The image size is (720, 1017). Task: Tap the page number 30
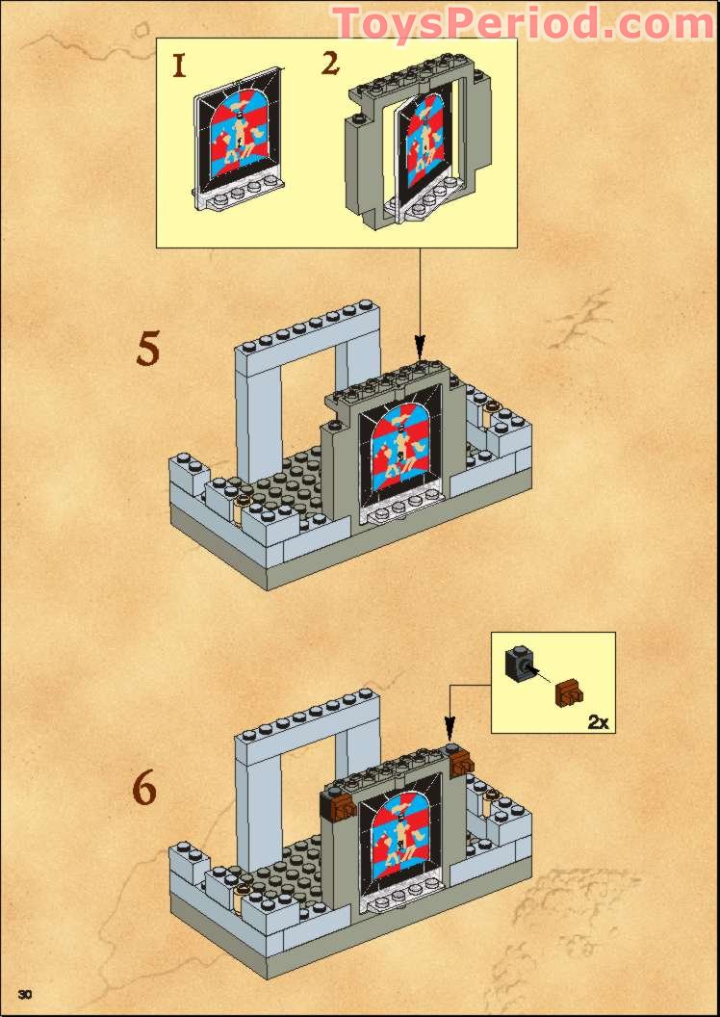coord(26,993)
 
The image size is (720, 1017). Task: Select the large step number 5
coord(147,349)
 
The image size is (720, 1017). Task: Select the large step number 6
coord(143,789)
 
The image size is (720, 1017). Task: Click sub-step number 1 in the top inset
coord(178,66)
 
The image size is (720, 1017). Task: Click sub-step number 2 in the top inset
coord(330,65)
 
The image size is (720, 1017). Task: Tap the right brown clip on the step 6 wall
coord(460,763)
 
